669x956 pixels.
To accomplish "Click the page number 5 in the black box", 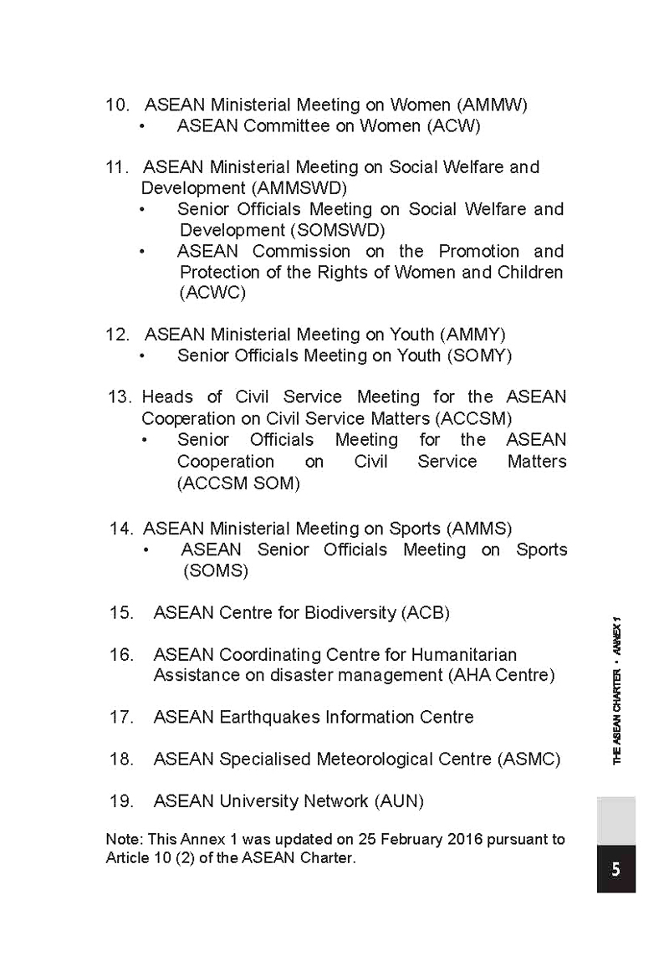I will pyautogui.click(x=615, y=869).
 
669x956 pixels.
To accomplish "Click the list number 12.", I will pyautogui.click(x=117, y=335).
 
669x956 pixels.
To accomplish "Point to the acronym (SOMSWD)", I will pyautogui.click(x=338, y=230).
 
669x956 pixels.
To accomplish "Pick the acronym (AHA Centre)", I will pyautogui.click(x=500, y=675).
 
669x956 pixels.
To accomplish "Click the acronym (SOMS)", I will pyautogui.click(x=216, y=571).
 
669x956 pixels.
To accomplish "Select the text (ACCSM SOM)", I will pyautogui.click(x=238, y=483).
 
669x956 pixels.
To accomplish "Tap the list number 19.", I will pyautogui.click(x=121, y=801).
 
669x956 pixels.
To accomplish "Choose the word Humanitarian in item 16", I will pyautogui.click(x=470, y=654).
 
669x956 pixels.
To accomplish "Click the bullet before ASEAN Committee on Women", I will pyautogui.click(x=143, y=127).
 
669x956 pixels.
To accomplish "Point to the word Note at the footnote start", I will pyautogui.click(x=120, y=839).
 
